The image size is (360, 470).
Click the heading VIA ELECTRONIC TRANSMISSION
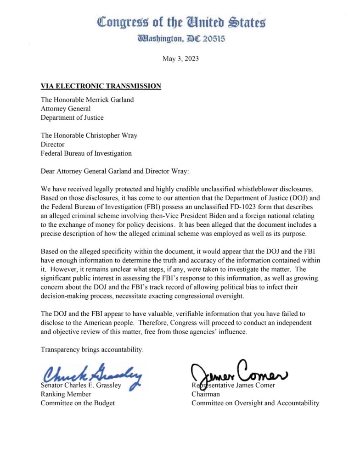click(101, 86)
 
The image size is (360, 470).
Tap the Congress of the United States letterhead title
click(181, 22)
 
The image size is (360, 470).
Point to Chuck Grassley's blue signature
click(92, 377)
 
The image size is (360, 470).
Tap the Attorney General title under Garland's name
click(66, 109)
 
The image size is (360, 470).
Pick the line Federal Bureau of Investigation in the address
click(86, 153)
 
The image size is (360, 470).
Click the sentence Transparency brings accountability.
click(92, 350)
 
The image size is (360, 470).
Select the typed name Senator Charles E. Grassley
click(81, 386)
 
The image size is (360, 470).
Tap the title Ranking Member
click(66, 394)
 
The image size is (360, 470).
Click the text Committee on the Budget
click(78, 403)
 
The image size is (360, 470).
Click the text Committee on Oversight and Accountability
click(255, 403)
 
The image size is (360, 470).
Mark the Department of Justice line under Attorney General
click(72, 117)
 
